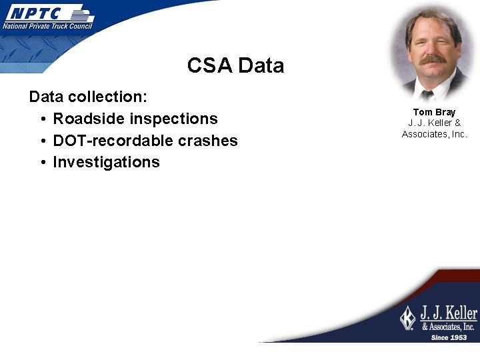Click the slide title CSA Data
(x=235, y=65)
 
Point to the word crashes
(x=207, y=141)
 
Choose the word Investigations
(x=106, y=162)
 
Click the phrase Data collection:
(x=88, y=97)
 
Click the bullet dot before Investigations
(x=42, y=163)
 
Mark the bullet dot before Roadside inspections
(x=42, y=119)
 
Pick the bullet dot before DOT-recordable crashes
(x=42, y=141)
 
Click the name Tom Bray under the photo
(x=434, y=112)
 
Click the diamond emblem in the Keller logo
(x=407, y=317)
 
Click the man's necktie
(x=427, y=94)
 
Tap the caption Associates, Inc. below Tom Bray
(x=434, y=134)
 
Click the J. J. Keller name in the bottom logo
(x=448, y=313)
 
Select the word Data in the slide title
(x=261, y=65)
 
